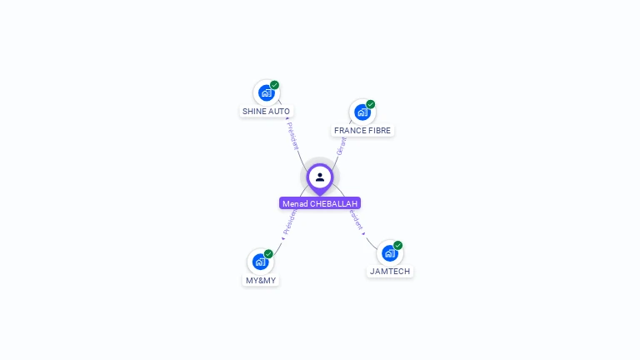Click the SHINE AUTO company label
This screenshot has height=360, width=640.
[x=267, y=111]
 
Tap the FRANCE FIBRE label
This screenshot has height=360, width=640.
[x=362, y=131]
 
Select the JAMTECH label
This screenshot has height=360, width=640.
[x=390, y=272]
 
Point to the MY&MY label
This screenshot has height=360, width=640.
[x=261, y=281]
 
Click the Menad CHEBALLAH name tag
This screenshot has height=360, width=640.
[x=320, y=203]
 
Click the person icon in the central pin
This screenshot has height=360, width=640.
[x=320, y=177]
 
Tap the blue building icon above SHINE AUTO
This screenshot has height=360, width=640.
[x=266, y=92]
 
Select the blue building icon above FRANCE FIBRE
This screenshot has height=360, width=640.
[x=362, y=112]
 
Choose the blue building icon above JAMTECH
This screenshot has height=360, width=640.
[x=389, y=253]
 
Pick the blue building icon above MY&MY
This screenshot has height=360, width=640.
[x=260, y=262]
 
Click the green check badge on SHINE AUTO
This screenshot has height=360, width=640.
[x=274, y=85]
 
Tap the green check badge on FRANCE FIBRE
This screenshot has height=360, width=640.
[x=371, y=104]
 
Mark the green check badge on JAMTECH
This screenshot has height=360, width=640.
[x=398, y=246]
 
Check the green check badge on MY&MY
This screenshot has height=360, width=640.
[x=268, y=254]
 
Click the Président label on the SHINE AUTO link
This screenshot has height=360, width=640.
[x=292, y=135]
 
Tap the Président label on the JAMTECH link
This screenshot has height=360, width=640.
[x=357, y=219]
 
